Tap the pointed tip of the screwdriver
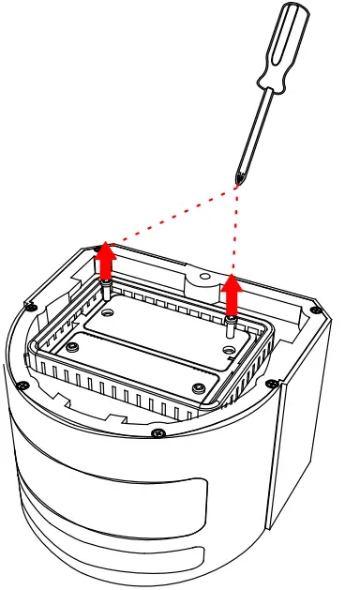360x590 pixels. point(238,181)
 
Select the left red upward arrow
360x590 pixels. point(106,260)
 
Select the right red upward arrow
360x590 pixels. point(231,293)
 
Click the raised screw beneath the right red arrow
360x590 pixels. point(231,325)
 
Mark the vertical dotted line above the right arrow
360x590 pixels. point(234,230)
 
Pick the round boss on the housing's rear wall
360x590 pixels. point(199,279)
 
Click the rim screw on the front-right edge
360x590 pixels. point(272,383)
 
